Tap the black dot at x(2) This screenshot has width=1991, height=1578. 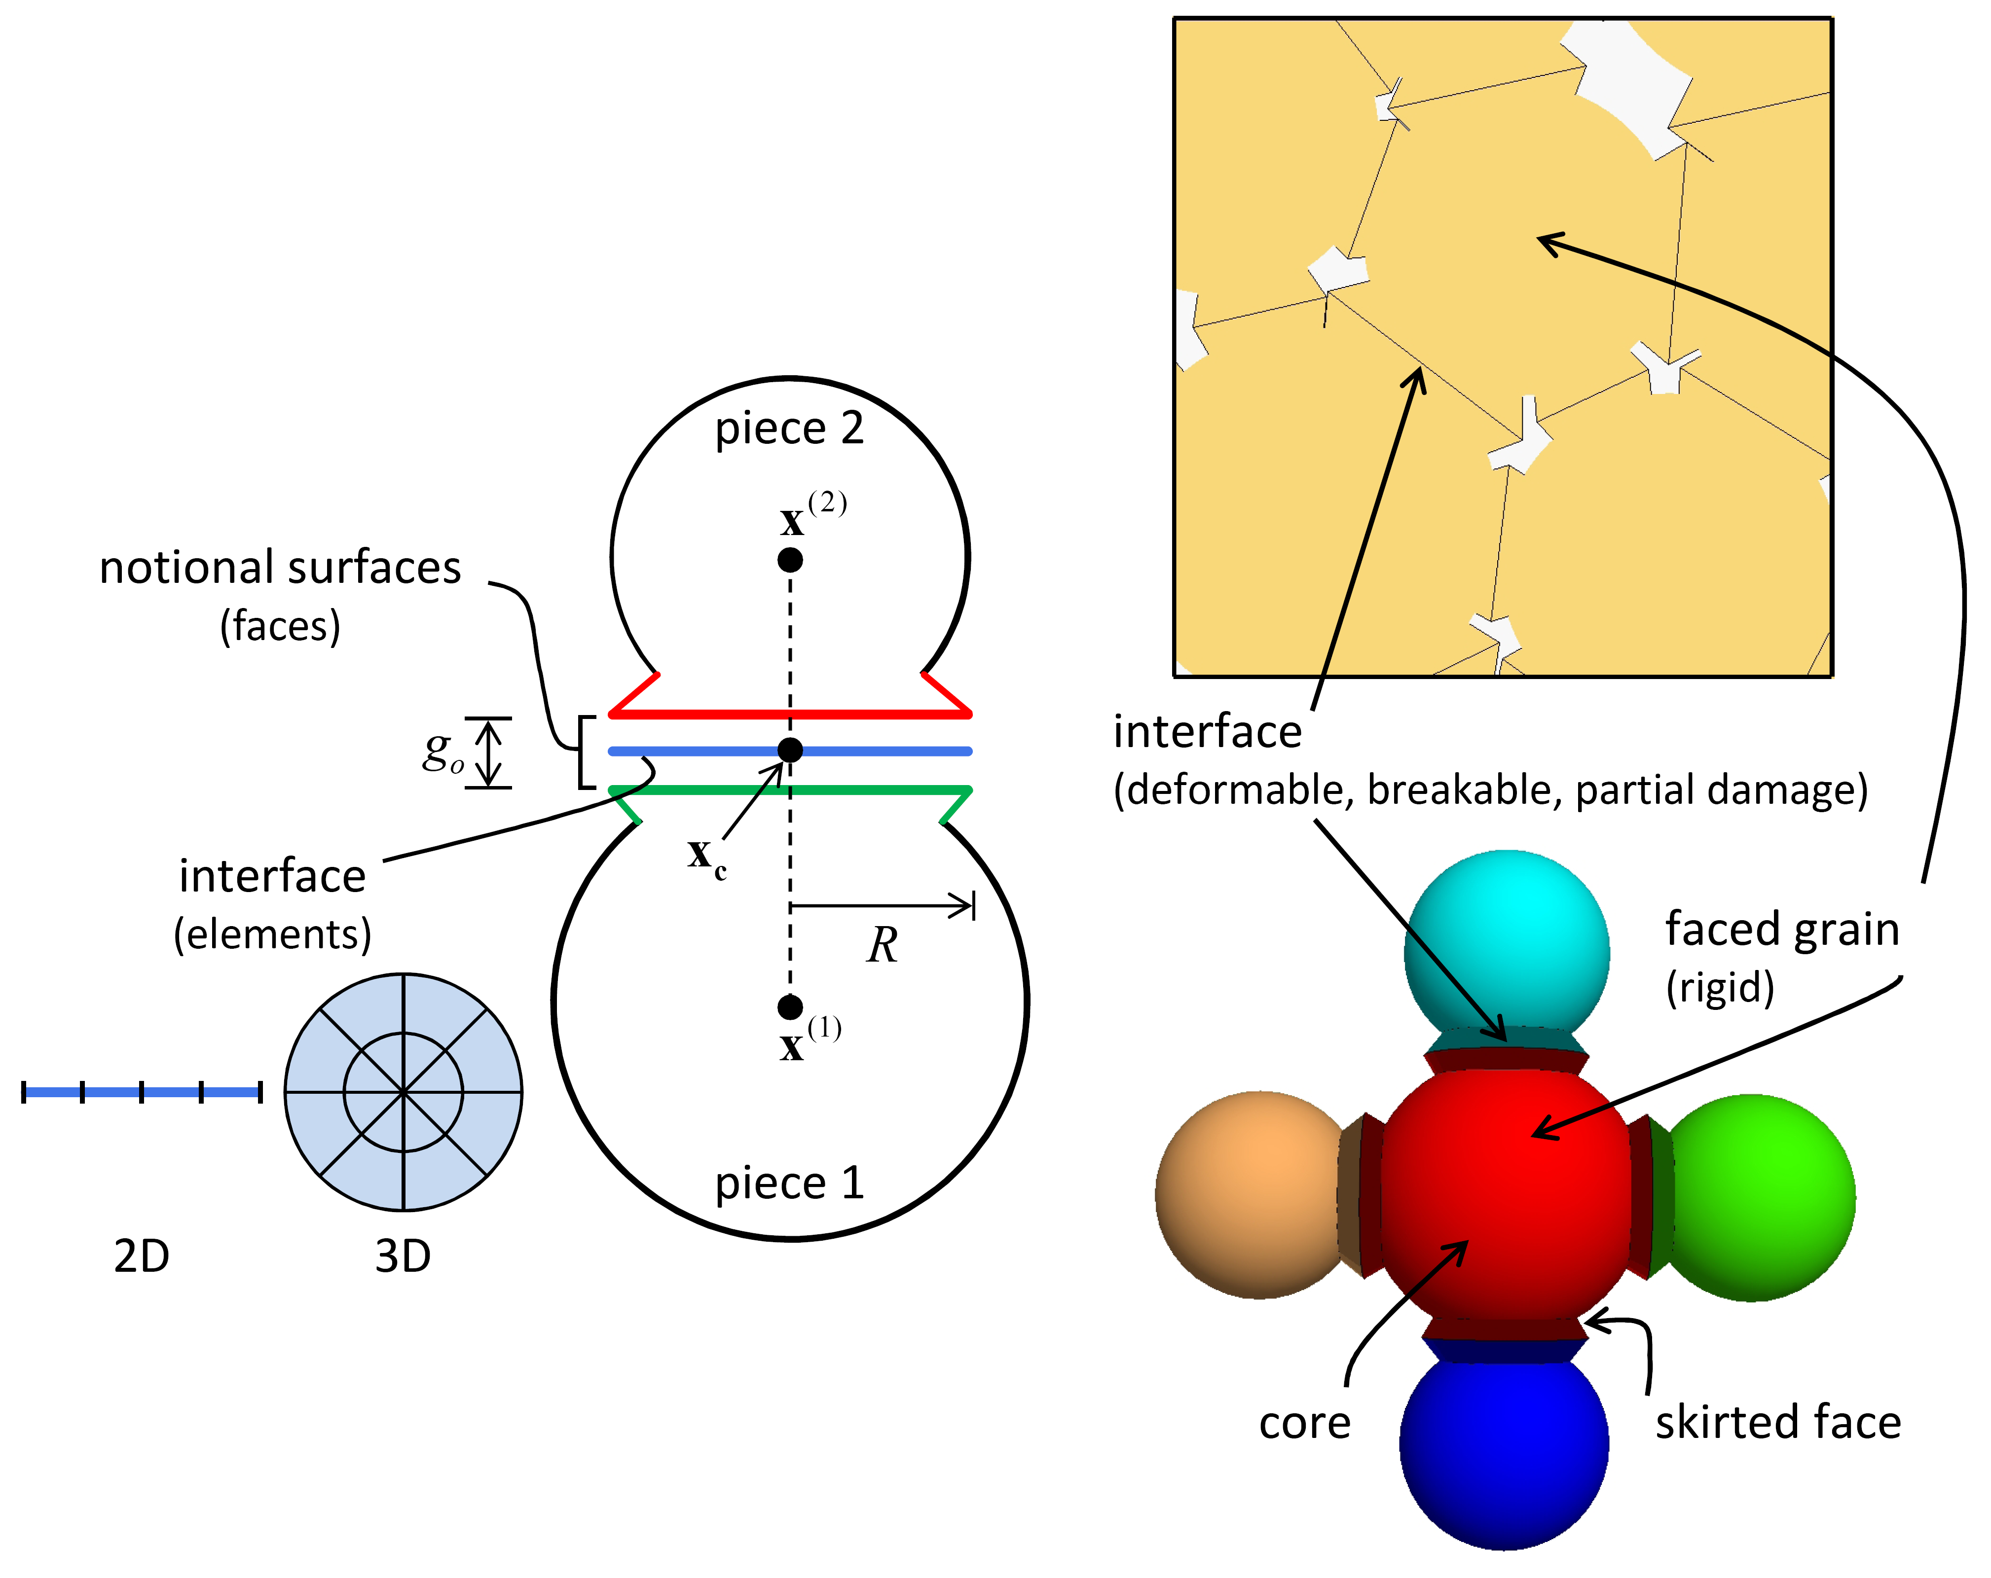[790, 560]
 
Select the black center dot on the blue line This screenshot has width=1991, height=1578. [790, 750]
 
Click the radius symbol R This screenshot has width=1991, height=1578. [882, 945]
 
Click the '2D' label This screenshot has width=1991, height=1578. [141, 1256]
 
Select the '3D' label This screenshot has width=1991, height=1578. [403, 1256]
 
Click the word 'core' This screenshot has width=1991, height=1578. [1304, 1423]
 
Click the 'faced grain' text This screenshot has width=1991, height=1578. [1781, 930]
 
